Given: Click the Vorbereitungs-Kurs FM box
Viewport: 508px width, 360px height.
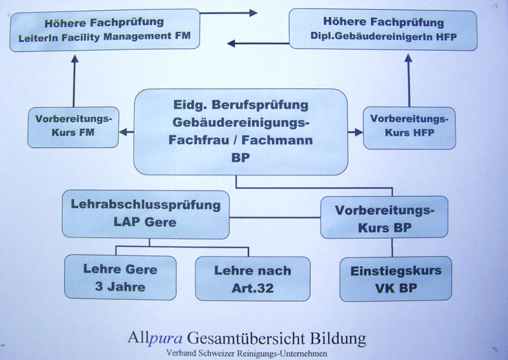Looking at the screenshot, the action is pyautogui.click(x=73, y=127).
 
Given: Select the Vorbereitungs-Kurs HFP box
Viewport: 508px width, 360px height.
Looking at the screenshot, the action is pyautogui.click(x=410, y=128).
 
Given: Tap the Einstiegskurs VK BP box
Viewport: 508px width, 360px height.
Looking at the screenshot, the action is pyautogui.click(x=396, y=279).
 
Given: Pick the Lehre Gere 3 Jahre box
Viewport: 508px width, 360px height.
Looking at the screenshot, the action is pyautogui.click(x=120, y=277).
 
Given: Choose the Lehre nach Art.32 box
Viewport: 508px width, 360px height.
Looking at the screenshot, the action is pyautogui.click(x=253, y=279).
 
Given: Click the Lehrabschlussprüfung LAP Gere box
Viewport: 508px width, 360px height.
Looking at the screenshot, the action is pyautogui.click(x=146, y=214).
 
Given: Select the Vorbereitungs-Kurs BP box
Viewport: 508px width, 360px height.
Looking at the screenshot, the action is pyautogui.click(x=384, y=217).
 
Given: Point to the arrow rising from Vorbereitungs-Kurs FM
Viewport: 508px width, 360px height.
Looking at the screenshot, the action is pyautogui.click(x=74, y=81).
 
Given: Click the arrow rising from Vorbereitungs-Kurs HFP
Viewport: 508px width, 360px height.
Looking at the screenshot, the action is pyautogui.click(x=409, y=81).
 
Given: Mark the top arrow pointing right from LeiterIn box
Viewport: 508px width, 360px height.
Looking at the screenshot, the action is pyautogui.click(x=229, y=13).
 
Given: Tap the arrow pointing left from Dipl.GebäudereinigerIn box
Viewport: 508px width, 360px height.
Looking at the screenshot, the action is pyautogui.click(x=258, y=43).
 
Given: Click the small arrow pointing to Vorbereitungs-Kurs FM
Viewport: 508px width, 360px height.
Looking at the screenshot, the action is pyautogui.click(x=126, y=132).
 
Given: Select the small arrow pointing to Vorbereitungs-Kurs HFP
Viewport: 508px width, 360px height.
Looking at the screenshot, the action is pyautogui.click(x=356, y=132).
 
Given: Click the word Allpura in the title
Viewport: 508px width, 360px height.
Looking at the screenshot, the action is pyautogui.click(x=155, y=338).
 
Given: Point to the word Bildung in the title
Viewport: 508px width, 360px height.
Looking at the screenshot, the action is pyautogui.click(x=338, y=338).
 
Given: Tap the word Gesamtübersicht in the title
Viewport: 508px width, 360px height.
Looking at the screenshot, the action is pyautogui.click(x=246, y=338).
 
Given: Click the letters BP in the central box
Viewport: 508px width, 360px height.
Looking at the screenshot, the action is pyautogui.click(x=241, y=158).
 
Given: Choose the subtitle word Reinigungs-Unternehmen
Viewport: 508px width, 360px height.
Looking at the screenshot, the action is pyautogui.click(x=282, y=354).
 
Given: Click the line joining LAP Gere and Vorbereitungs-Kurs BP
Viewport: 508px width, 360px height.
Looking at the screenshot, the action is pyautogui.click(x=275, y=217).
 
